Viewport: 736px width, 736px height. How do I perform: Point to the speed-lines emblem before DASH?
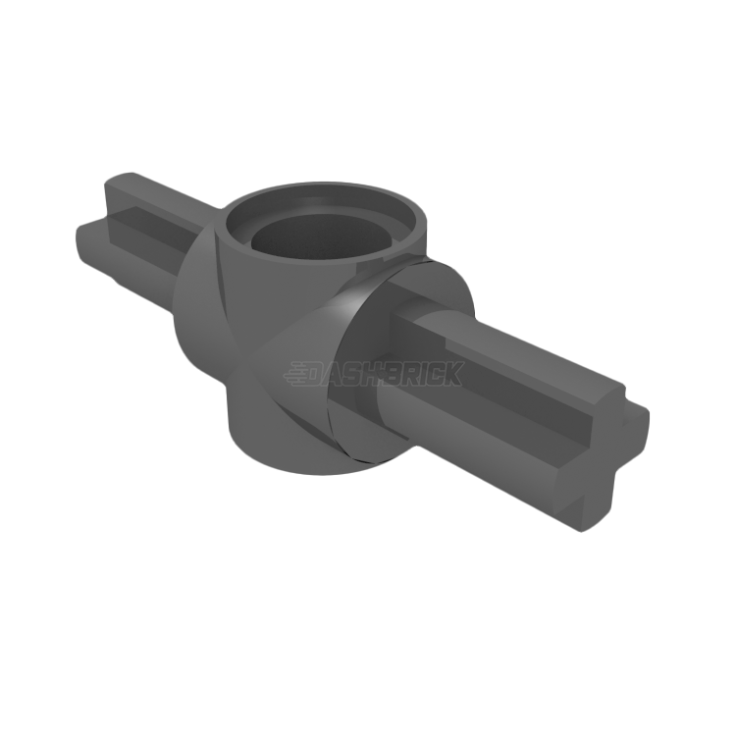click(x=296, y=375)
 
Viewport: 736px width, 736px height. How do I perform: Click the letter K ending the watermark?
click(x=454, y=374)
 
